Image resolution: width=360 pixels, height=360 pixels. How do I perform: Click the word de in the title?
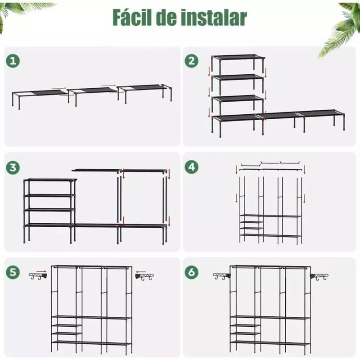175,18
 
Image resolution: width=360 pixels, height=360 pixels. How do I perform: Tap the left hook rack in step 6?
221,276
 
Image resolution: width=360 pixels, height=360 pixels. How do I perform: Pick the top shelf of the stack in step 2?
238,58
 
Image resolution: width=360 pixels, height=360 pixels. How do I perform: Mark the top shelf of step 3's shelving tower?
50,180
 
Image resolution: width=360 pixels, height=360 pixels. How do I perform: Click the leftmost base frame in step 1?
39,94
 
